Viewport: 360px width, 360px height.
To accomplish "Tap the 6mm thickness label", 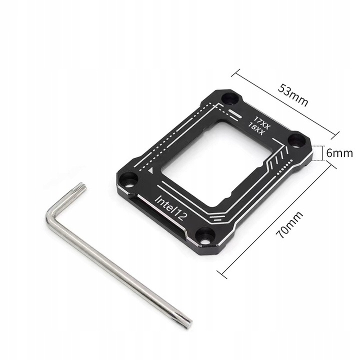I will (x=340, y=153).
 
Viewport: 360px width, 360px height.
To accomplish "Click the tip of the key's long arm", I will (x=186, y=322).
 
